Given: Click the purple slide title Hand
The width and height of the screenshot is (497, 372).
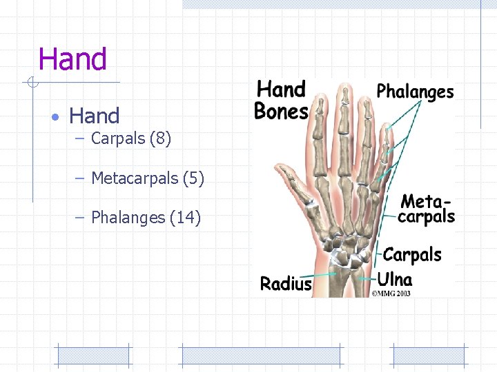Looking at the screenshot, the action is (x=72, y=60).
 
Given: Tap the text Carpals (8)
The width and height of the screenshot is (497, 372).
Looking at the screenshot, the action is (x=131, y=138).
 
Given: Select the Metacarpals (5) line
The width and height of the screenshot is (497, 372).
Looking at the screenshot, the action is (x=148, y=178).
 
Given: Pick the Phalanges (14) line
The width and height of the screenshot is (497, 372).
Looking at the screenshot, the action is (x=146, y=218).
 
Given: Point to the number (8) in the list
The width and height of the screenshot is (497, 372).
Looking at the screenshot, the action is (x=159, y=138).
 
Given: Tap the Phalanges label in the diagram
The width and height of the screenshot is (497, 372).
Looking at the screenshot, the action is (x=415, y=92).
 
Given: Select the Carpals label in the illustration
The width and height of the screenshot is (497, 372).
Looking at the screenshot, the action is (x=412, y=255).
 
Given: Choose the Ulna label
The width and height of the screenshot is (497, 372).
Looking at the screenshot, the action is (x=395, y=280).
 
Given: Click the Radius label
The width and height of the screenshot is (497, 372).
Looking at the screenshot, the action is (x=286, y=283).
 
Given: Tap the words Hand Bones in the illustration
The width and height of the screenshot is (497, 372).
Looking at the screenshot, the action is (x=280, y=100).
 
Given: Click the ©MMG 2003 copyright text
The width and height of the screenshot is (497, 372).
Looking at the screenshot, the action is (x=391, y=293).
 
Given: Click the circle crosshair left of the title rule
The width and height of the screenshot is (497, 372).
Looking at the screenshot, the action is (x=32, y=83).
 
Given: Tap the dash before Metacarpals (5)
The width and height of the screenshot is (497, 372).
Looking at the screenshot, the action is (x=79, y=179).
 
